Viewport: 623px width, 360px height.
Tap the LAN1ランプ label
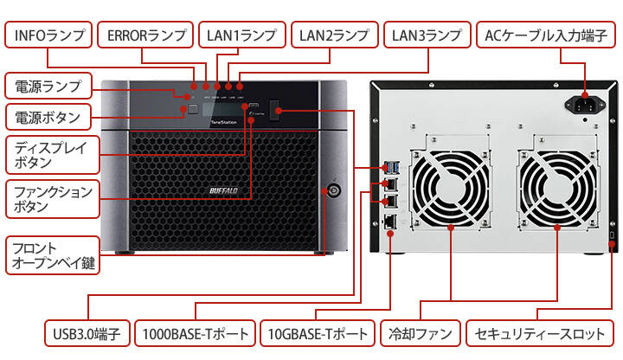point(242,35)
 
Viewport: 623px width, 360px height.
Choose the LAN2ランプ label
point(334,35)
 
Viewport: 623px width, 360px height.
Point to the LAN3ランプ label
point(427,35)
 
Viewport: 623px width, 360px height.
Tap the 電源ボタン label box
point(48,117)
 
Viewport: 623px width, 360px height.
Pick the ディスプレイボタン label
point(48,154)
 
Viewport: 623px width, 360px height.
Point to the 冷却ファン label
point(419,333)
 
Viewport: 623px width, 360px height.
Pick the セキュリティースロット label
point(538,333)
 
